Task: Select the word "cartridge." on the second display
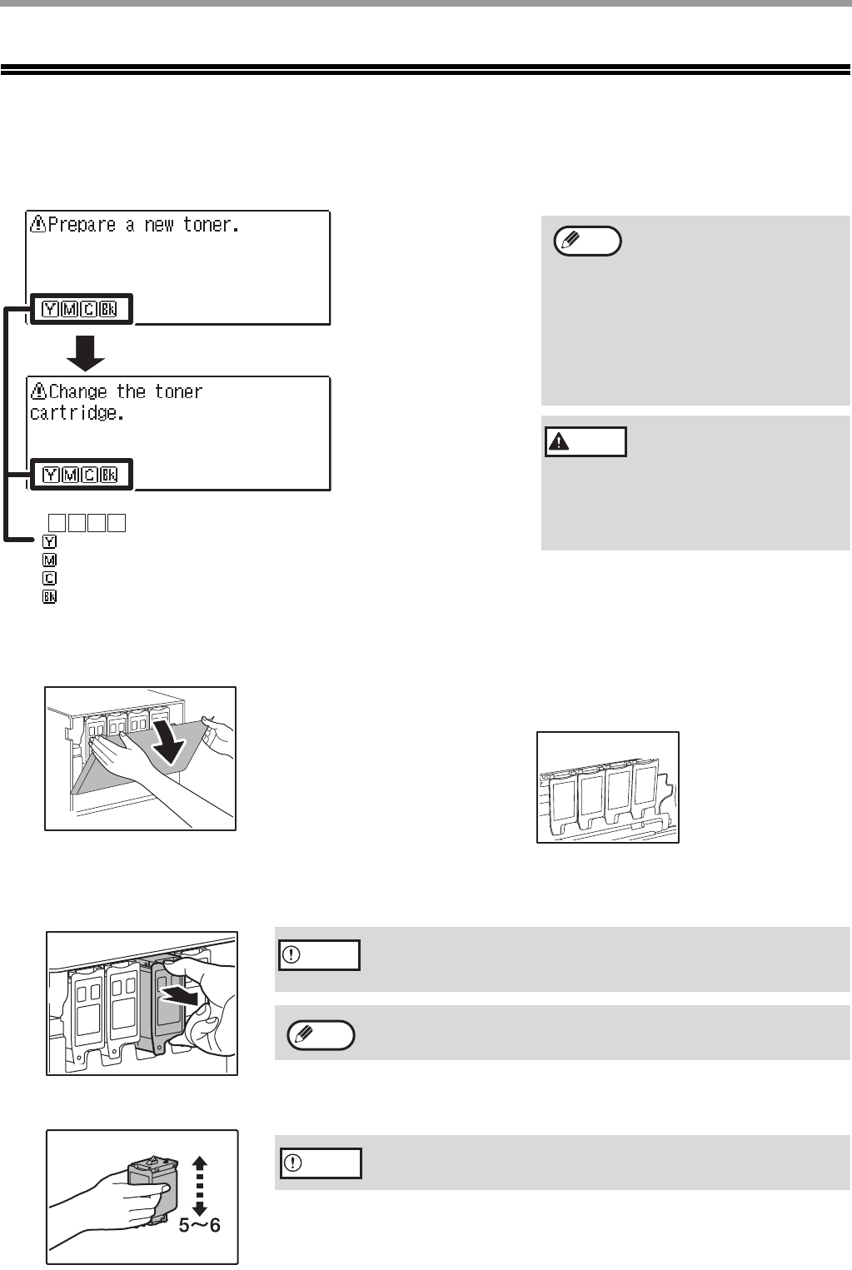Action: (77, 413)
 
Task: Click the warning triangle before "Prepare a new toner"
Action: (38, 223)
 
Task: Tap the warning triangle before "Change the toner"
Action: (38, 391)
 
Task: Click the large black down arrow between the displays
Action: (86, 352)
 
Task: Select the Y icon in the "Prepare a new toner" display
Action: (51, 310)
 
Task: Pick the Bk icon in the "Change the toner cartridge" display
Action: (108, 476)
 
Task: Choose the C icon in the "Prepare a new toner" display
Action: (88, 310)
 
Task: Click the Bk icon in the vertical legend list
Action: (49, 597)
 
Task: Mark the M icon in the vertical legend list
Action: (49, 560)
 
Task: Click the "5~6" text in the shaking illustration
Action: (200, 1225)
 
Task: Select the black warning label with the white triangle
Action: (585, 441)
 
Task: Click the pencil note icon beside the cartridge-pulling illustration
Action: (321, 1035)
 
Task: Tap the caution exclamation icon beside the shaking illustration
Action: (320, 1163)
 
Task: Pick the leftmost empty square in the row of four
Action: (57, 523)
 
